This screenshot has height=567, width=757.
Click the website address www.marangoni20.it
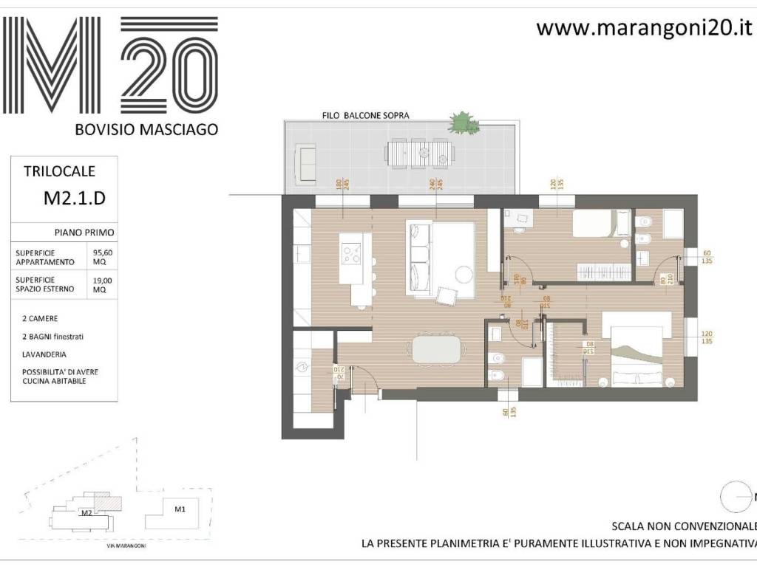point(643,28)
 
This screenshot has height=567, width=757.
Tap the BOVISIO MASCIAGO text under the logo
point(146,129)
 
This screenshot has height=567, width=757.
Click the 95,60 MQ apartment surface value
point(102,257)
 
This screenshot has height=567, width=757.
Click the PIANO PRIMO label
point(84,232)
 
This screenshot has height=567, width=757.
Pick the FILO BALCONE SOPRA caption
point(365,115)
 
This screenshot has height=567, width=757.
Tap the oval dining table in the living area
point(441,349)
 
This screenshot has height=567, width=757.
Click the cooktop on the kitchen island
point(350,253)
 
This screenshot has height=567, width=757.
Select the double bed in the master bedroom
point(637,351)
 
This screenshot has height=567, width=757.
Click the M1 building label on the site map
point(180,509)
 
